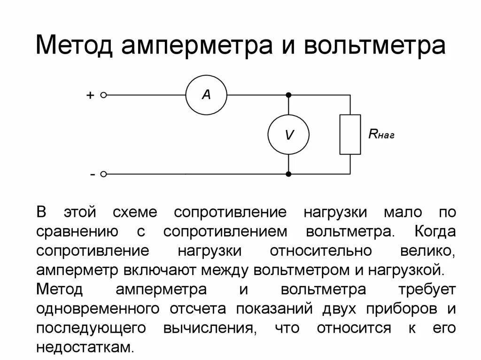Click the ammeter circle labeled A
pos(206,95)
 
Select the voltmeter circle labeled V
pos(288,135)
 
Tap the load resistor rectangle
pos(350,134)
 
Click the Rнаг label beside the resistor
pos(381,135)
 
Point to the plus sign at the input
pos(90,95)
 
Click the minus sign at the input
pos(93,174)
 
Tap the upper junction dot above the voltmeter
pos(288,95)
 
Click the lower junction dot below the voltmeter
pos(288,174)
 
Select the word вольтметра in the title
pos(374,47)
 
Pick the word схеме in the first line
pos(136,212)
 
